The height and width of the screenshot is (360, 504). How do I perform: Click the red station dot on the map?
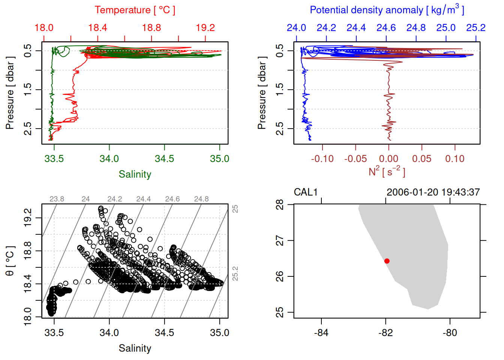[387, 261]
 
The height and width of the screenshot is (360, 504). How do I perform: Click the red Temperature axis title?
[135, 10]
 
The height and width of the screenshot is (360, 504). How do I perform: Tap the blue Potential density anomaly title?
[387, 10]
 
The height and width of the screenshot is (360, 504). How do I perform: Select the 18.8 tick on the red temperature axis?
[151, 28]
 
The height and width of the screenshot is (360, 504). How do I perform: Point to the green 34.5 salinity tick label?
[164, 159]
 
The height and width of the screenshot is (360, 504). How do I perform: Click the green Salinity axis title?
[135, 174]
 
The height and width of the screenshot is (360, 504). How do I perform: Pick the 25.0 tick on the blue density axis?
[446, 28]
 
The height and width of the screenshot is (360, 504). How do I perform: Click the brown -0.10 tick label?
[322, 159]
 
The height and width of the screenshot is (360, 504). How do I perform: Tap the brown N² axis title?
[387, 171]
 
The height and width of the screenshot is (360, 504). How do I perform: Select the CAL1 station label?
[306, 192]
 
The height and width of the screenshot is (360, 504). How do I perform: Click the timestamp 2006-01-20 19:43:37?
[433, 192]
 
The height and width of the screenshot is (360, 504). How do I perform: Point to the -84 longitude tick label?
[321, 333]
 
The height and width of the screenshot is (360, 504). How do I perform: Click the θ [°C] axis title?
[10, 261]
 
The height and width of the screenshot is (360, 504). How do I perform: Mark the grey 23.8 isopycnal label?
[57, 199]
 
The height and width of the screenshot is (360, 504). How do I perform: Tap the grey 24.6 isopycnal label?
[172, 199]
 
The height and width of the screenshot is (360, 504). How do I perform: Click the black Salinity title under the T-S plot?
[135, 348]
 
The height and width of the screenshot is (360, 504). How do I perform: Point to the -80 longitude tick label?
[450, 333]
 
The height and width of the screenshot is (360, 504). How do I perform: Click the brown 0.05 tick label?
[422, 159]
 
